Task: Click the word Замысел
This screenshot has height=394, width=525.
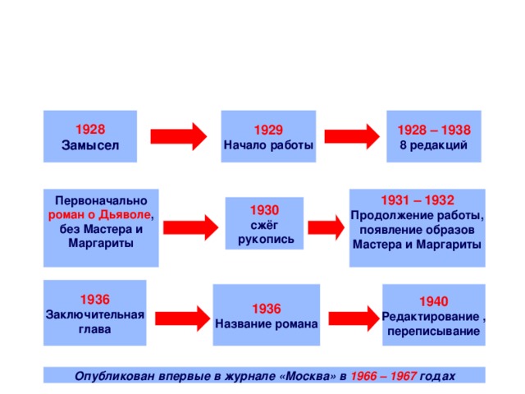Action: click(x=89, y=145)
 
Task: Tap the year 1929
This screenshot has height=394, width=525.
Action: click(x=268, y=131)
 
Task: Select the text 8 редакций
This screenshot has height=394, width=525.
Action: click(x=433, y=145)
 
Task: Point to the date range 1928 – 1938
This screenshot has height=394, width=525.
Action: click(x=433, y=131)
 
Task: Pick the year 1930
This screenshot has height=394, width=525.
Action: click(x=265, y=210)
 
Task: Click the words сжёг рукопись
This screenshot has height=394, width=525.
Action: click(x=265, y=231)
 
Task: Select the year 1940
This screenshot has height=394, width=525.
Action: click(x=432, y=302)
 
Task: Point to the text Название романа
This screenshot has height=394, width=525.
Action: click(x=266, y=323)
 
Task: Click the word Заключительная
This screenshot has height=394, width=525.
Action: click(x=95, y=314)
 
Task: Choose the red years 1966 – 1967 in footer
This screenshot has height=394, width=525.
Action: click(x=382, y=375)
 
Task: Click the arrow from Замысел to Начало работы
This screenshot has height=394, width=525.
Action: click(x=180, y=136)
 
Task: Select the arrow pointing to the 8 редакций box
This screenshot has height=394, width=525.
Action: click(x=352, y=136)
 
